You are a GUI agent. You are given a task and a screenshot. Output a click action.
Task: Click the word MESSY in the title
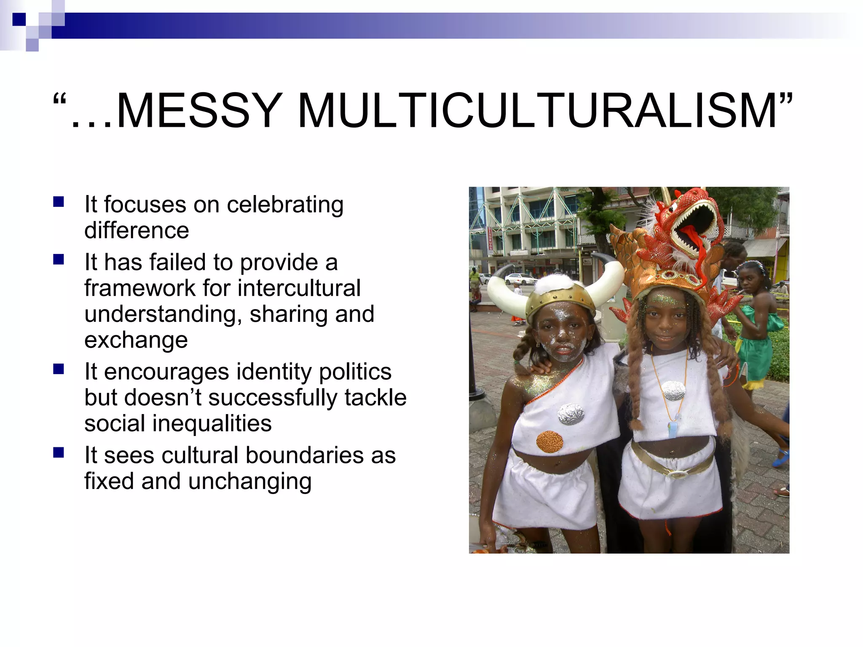[198, 110]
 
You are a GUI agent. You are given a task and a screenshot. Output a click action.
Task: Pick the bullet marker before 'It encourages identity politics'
[59, 369]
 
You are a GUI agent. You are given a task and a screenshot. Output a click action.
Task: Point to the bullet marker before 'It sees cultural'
[59, 452]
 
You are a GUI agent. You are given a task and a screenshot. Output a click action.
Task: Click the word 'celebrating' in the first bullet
[285, 205]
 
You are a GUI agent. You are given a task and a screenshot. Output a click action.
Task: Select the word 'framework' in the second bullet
[140, 289]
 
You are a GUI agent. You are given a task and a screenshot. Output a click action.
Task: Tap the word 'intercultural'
[299, 289]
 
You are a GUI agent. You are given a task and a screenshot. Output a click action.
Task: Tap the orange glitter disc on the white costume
[549, 441]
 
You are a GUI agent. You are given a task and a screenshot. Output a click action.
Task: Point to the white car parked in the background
[520, 278]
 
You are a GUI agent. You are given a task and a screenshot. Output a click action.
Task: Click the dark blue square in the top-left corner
[19, 19]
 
